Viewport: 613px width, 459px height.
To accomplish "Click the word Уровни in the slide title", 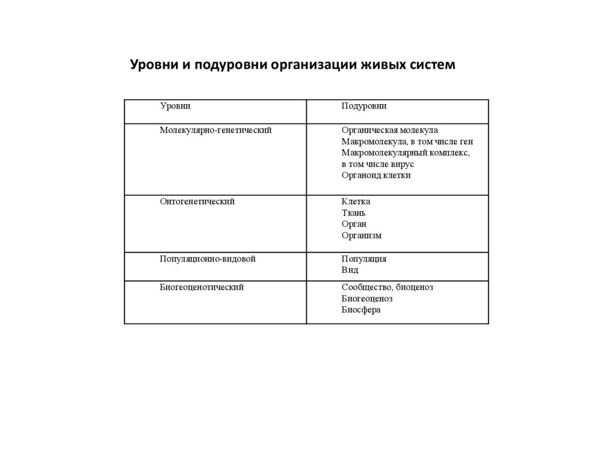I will [153, 65].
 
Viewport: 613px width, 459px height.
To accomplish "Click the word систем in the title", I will [432, 65].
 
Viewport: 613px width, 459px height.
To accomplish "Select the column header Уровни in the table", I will [175, 107].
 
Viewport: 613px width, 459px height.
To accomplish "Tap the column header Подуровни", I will [364, 107].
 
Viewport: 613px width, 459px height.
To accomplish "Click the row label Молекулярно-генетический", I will [216, 130].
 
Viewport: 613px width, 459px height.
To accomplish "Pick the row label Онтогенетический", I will [197, 202].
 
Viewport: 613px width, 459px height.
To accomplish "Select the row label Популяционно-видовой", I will [208, 259].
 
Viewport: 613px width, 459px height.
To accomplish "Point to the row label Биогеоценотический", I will [202, 288].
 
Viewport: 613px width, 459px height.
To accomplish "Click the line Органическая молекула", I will [390, 130].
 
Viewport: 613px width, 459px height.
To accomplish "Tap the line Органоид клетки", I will [376, 176].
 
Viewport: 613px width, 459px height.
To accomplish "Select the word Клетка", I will [356, 202].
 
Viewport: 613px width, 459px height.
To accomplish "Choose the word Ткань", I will [353, 213].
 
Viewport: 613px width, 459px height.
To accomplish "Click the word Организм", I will [362, 236].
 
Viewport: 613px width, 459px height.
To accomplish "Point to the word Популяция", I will [364, 259].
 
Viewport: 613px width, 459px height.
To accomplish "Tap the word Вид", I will [350, 270].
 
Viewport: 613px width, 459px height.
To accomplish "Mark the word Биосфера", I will [361, 311].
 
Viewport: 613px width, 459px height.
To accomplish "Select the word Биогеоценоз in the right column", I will [367, 299].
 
